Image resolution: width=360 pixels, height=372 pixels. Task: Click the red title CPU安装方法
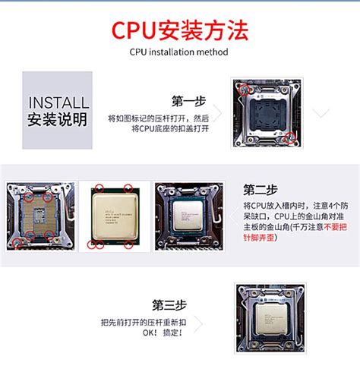[x=180, y=31]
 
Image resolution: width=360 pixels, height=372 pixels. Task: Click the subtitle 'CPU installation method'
[x=179, y=52]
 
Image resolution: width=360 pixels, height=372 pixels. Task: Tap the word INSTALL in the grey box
[x=58, y=102]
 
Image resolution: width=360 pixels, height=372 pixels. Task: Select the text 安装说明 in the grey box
[x=58, y=120]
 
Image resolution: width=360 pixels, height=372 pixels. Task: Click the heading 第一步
[x=190, y=101]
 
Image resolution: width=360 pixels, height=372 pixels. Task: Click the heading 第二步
[x=261, y=190]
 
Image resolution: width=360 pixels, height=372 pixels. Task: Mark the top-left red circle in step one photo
[x=244, y=88]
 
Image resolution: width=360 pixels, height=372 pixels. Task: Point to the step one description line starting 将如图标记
[x=158, y=118]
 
